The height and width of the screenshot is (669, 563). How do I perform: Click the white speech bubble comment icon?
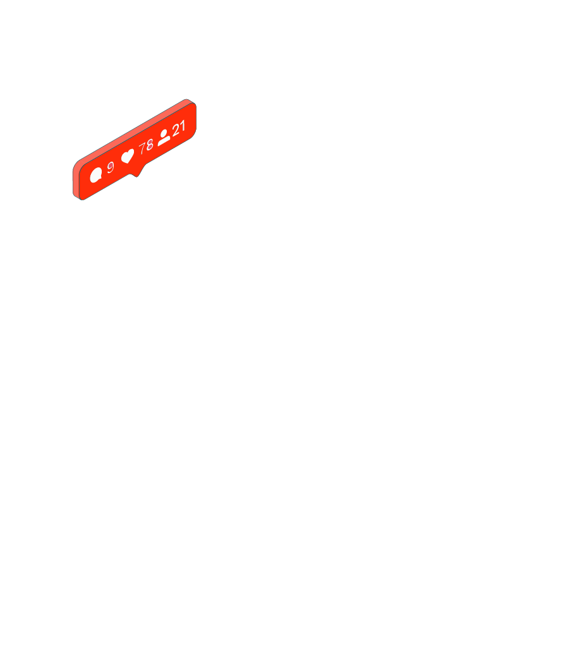click(x=96, y=175)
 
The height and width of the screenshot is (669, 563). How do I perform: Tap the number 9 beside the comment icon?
click(x=110, y=167)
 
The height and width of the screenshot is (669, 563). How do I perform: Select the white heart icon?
click(x=128, y=156)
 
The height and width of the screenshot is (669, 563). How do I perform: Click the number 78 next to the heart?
click(x=146, y=147)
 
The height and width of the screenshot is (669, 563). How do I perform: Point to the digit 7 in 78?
click(x=142, y=148)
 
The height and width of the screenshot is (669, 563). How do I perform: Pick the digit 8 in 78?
click(x=150, y=145)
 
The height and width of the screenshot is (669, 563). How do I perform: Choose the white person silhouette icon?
click(x=164, y=137)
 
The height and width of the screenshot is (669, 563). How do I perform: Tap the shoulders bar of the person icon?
click(x=164, y=142)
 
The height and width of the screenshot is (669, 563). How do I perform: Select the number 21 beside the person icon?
click(x=179, y=128)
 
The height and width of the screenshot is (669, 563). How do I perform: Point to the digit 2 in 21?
click(x=176, y=130)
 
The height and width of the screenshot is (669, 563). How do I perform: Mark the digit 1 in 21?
click(x=183, y=126)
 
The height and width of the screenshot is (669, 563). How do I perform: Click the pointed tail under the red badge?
click(x=136, y=174)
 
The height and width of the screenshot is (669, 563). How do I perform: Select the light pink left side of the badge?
click(x=76, y=179)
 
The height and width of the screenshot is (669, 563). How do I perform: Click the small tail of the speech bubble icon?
click(x=99, y=180)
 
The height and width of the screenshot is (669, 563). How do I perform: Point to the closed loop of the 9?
click(x=110, y=165)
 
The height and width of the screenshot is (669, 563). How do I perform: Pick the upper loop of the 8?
click(x=150, y=142)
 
